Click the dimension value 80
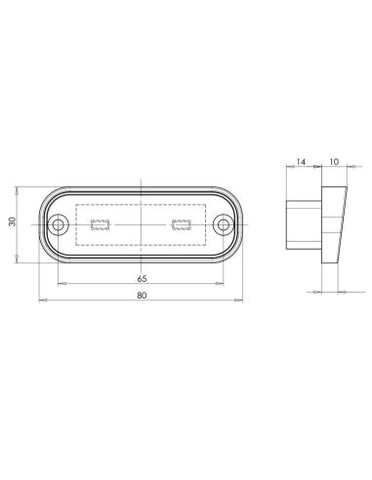coord(143,294)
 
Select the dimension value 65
coord(143,277)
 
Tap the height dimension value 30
coord(13,222)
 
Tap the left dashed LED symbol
coord(100,225)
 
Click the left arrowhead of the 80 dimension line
coord(39,300)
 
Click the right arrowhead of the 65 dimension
coord(224,284)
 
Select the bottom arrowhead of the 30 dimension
coord(20,261)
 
